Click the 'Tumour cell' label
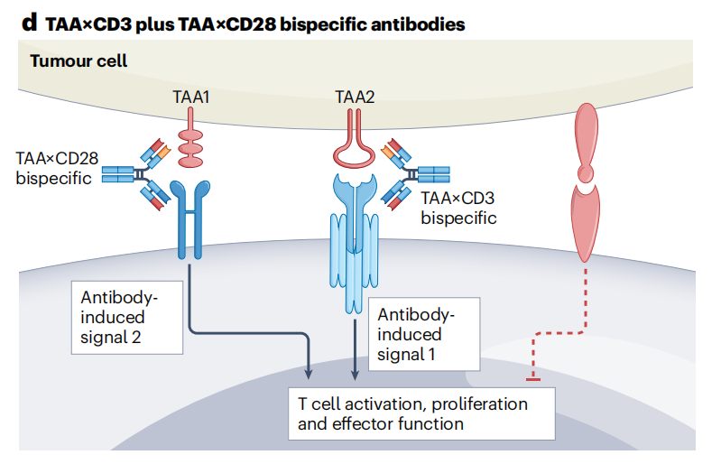pos(79,61)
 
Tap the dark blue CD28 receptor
pos(190,226)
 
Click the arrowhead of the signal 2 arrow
pos(310,372)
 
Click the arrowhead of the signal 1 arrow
pos(354,372)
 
